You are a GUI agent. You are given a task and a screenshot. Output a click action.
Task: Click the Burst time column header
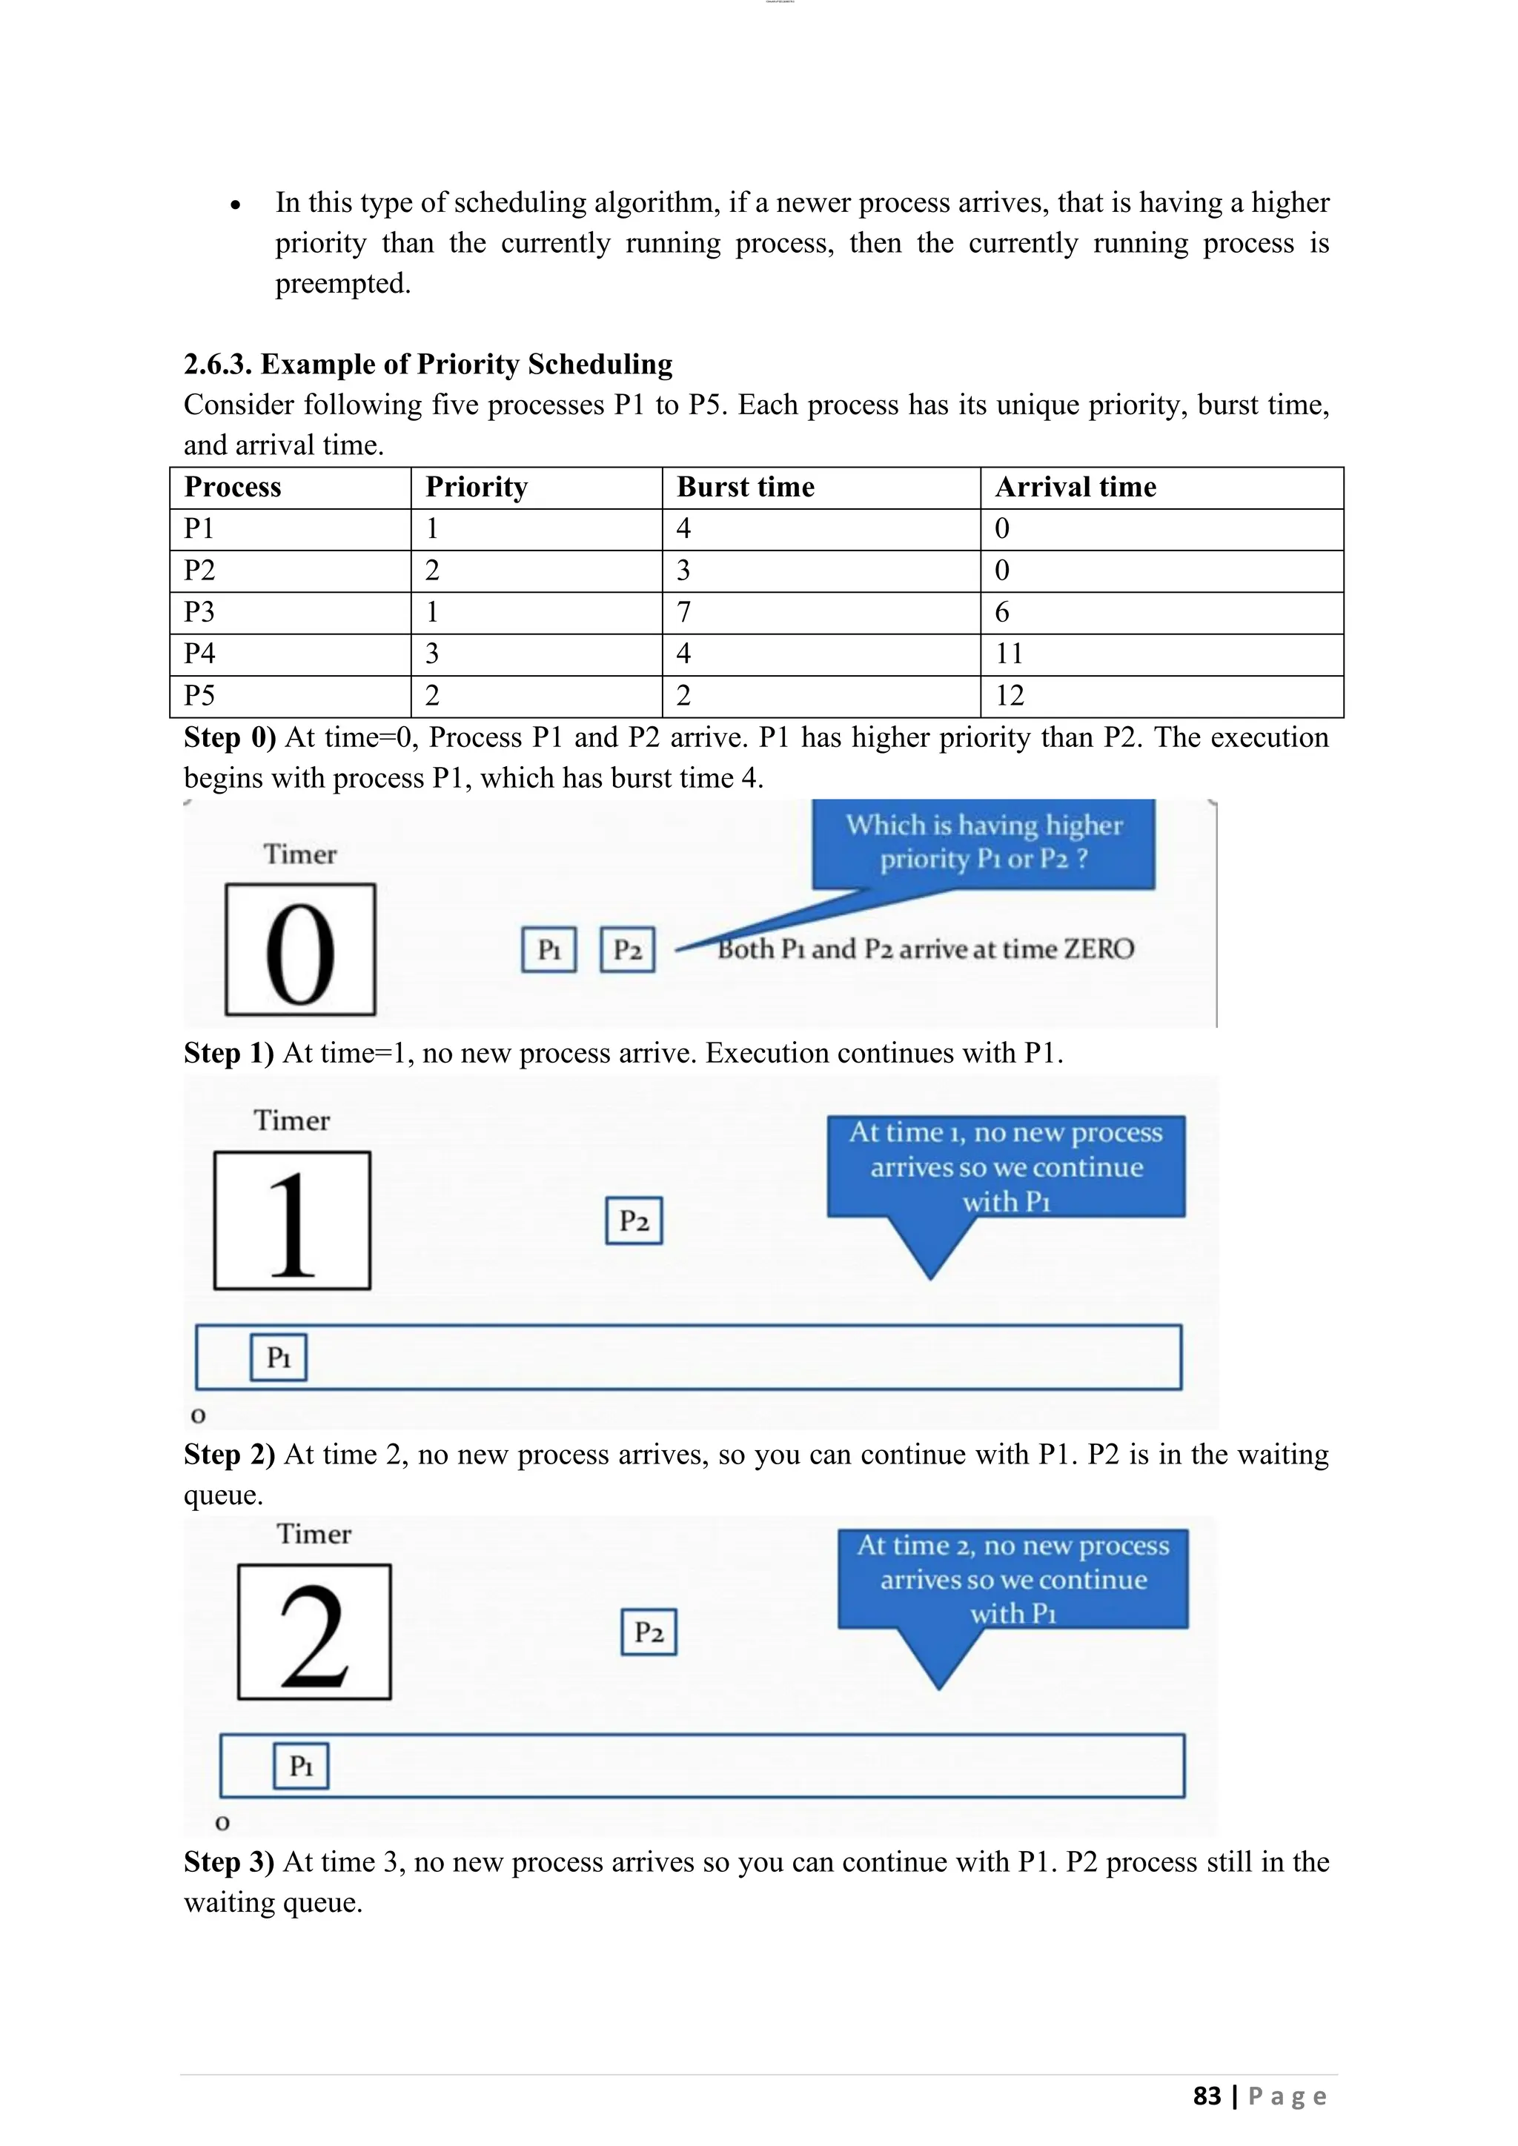coord(745,487)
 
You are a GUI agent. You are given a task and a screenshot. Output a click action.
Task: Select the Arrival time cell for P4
coord(1010,654)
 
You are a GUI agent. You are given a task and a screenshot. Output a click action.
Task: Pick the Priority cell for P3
coord(432,612)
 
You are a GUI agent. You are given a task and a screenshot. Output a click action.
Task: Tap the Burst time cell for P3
coord(683,612)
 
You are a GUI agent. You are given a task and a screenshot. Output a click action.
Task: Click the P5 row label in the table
coord(199,695)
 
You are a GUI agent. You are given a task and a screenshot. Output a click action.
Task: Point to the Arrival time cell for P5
coord(1010,695)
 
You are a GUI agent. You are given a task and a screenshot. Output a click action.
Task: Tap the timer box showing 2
coord(314,1632)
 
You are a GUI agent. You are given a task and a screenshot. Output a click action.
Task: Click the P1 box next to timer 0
coord(548,950)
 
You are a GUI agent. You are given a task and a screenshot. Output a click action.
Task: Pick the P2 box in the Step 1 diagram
coord(634,1220)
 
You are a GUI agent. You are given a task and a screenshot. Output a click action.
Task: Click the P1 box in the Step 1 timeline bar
coord(279,1357)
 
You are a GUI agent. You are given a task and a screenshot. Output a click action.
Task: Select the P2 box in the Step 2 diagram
coord(649,1632)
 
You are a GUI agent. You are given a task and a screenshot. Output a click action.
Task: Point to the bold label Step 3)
coord(229,1862)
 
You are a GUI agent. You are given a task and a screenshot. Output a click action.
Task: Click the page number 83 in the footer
coord(1207,2096)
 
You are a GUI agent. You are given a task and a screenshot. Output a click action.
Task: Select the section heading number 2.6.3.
coord(218,364)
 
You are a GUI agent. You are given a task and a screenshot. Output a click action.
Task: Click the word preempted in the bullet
coord(342,283)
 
